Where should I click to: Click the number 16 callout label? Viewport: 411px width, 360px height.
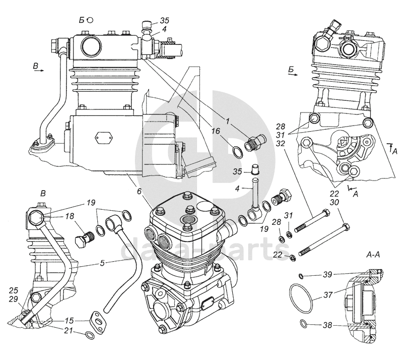point(216,131)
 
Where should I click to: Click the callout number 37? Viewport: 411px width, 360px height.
point(328,294)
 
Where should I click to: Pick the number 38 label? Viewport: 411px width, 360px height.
point(328,325)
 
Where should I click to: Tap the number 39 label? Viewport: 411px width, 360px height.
point(328,275)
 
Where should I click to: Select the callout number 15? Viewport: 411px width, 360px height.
point(69,321)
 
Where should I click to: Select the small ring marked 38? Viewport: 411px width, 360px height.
point(304,324)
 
